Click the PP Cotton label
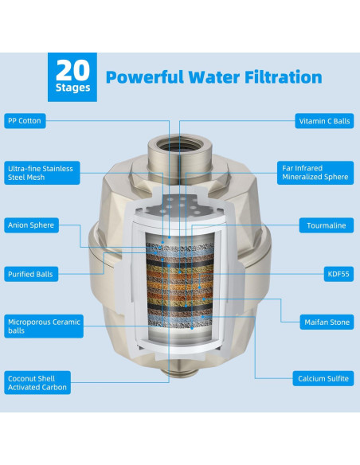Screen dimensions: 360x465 pyautogui.click(x=25, y=121)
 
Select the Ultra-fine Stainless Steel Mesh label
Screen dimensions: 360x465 pyautogui.click(x=41, y=173)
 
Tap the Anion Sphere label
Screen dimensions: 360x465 pyautogui.click(x=31, y=225)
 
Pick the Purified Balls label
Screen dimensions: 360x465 pyautogui.click(x=31, y=274)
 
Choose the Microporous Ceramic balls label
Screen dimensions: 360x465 pyautogui.click(x=44, y=326)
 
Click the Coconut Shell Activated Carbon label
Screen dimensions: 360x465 pyautogui.click(x=37, y=382)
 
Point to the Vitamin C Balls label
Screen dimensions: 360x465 pyautogui.click(x=324, y=121)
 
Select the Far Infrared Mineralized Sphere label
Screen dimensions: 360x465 pyautogui.click(x=315, y=173)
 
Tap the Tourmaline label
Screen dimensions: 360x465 pyautogui.click(x=327, y=225)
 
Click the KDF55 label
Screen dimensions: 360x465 pyautogui.click(x=338, y=274)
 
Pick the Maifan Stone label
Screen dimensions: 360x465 pyautogui.click(x=327, y=322)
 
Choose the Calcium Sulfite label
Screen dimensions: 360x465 pyautogui.click(x=323, y=378)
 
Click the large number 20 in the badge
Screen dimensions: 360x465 pyautogui.click(x=72, y=70)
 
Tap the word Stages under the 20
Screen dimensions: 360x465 pyautogui.click(x=72, y=88)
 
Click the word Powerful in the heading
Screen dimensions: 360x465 pyautogui.click(x=145, y=77)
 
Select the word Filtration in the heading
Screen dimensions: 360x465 pyautogui.click(x=284, y=77)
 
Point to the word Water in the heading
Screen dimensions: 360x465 pyautogui.click(x=214, y=77)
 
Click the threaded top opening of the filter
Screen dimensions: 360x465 pyautogui.click(x=180, y=145)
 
